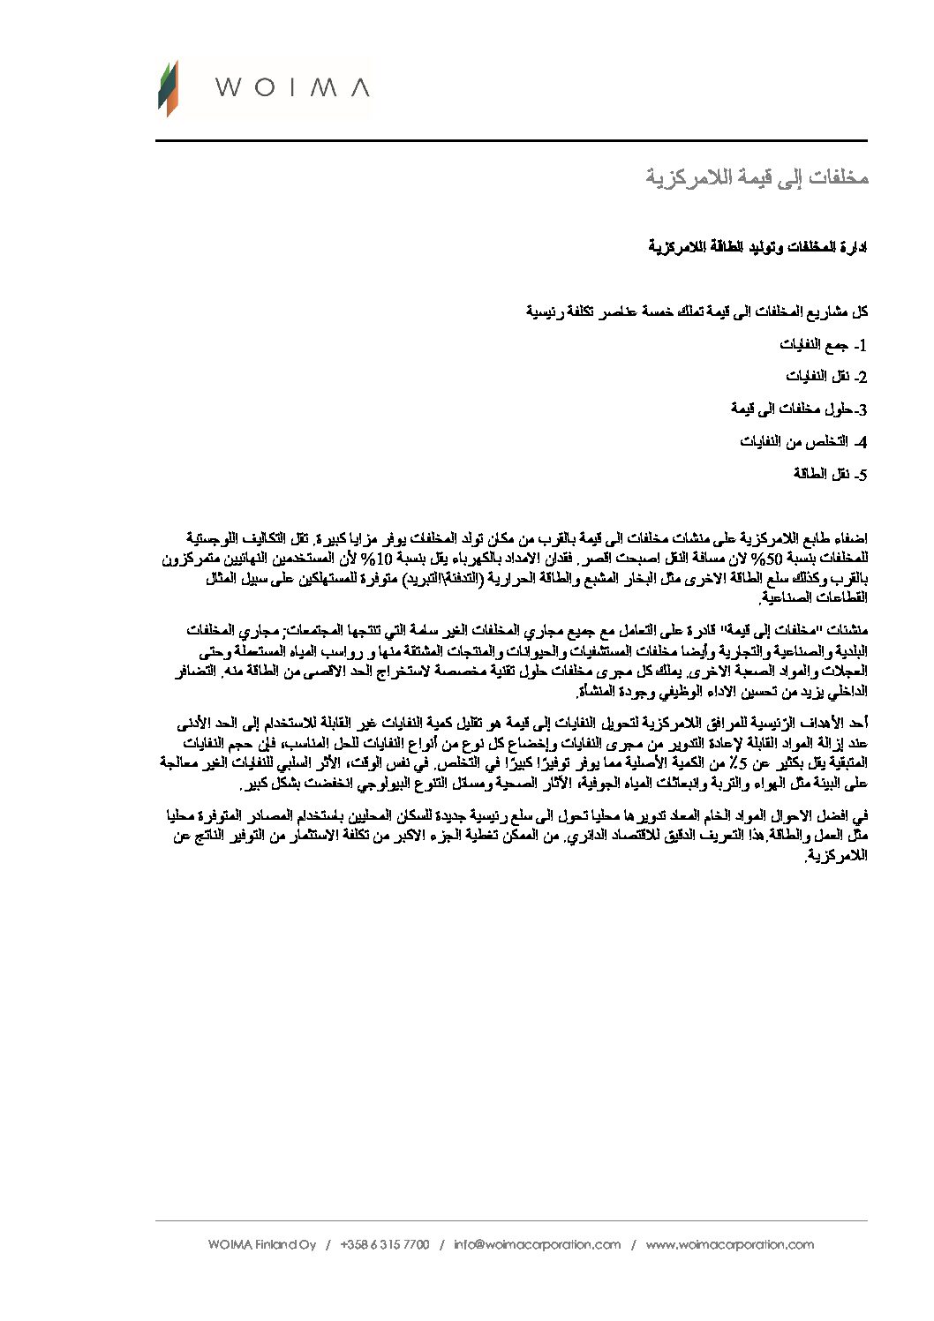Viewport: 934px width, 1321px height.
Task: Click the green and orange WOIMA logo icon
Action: pyautogui.click(x=168, y=88)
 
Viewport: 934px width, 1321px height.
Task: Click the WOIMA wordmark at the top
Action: pyautogui.click(x=292, y=87)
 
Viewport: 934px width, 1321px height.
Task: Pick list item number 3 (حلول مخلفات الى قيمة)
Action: pyautogui.click(x=800, y=409)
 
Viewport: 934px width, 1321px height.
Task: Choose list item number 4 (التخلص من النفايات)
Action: pyautogui.click(x=804, y=441)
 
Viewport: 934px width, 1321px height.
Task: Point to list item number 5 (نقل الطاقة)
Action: pyautogui.click(x=831, y=474)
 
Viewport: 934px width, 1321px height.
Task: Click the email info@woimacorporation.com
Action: pyautogui.click(x=537, y=1244)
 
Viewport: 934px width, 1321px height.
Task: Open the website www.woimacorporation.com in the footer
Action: pyautogui.click(x=729, y=1244)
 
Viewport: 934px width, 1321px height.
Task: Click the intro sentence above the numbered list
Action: pyautogui.click(x=697, y=311)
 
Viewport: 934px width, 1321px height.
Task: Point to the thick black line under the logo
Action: pyautogui.click(x=511, y=140)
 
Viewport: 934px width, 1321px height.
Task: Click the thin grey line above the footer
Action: pyautogui.click(x=511, y=1220)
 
